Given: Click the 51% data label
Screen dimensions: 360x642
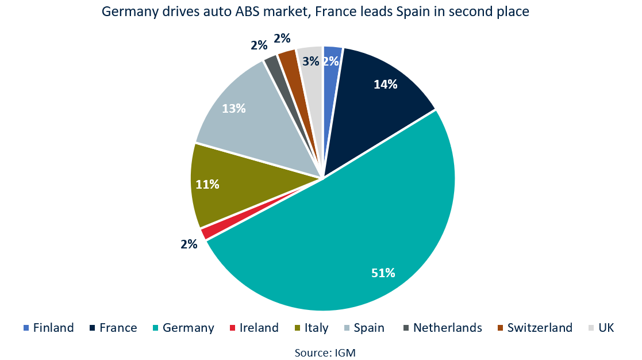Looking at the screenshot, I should pyautogui.click(x=383, y=273).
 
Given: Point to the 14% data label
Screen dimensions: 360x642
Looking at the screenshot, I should pyautogui.click(x=385, y=84).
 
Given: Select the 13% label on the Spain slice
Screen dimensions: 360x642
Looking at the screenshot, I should pyautogui.click(x=234, y=108).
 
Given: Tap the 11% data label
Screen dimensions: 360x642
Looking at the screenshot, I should pyautogui.click(x=207, y=185).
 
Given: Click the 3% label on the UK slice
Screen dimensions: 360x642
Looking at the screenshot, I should pyautogui.click(x=311, y=62).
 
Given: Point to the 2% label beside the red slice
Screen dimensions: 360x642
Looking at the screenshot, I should pyautogui.click(x=189, y=244).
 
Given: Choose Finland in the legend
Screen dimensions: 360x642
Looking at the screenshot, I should pyautogui.click(x=53, y=328).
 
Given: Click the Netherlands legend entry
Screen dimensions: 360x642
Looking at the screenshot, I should pyautogui.click(x=447, y=328).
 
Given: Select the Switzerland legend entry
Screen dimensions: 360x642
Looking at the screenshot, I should pyautogui.click(x=540, y=328).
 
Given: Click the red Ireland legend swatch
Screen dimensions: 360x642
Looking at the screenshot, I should pyautogui.click(x=232, y=328).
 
